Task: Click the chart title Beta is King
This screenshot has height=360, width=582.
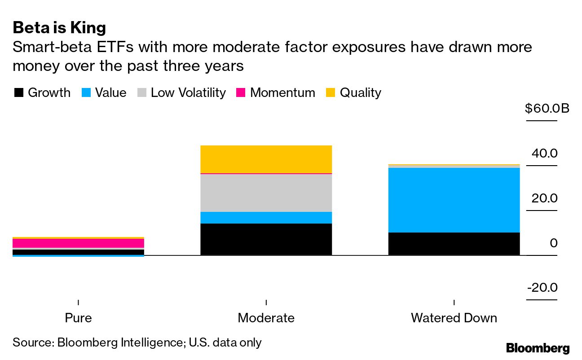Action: [59, 28]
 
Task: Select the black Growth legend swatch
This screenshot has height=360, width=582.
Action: [18, 93]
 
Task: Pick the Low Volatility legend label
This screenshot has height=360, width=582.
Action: [188, 93]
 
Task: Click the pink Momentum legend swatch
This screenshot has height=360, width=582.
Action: [241, 93]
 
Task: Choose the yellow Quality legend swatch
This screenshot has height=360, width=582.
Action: [331, 93]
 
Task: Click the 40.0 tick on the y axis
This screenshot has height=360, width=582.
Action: [544, 154]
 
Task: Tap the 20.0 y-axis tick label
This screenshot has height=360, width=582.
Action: [544, 198]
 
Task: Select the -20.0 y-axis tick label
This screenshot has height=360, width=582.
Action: [542, 287]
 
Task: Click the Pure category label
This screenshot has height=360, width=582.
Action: [79, 318]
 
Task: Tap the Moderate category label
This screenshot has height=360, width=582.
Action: [266, 318]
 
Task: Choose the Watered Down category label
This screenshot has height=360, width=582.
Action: [454, 318]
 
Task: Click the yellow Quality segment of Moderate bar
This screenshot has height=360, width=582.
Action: [266, 159]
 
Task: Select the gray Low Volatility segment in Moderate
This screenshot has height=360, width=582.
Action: [266, 193]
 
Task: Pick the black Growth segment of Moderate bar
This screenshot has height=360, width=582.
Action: [266, 239]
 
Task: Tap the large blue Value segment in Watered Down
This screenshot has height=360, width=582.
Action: [454, 200]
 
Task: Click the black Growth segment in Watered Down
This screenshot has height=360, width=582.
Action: [454, 244]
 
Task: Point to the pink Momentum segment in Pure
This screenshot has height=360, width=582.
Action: [79, 243]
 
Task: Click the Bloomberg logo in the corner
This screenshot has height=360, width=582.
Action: [538, 348]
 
